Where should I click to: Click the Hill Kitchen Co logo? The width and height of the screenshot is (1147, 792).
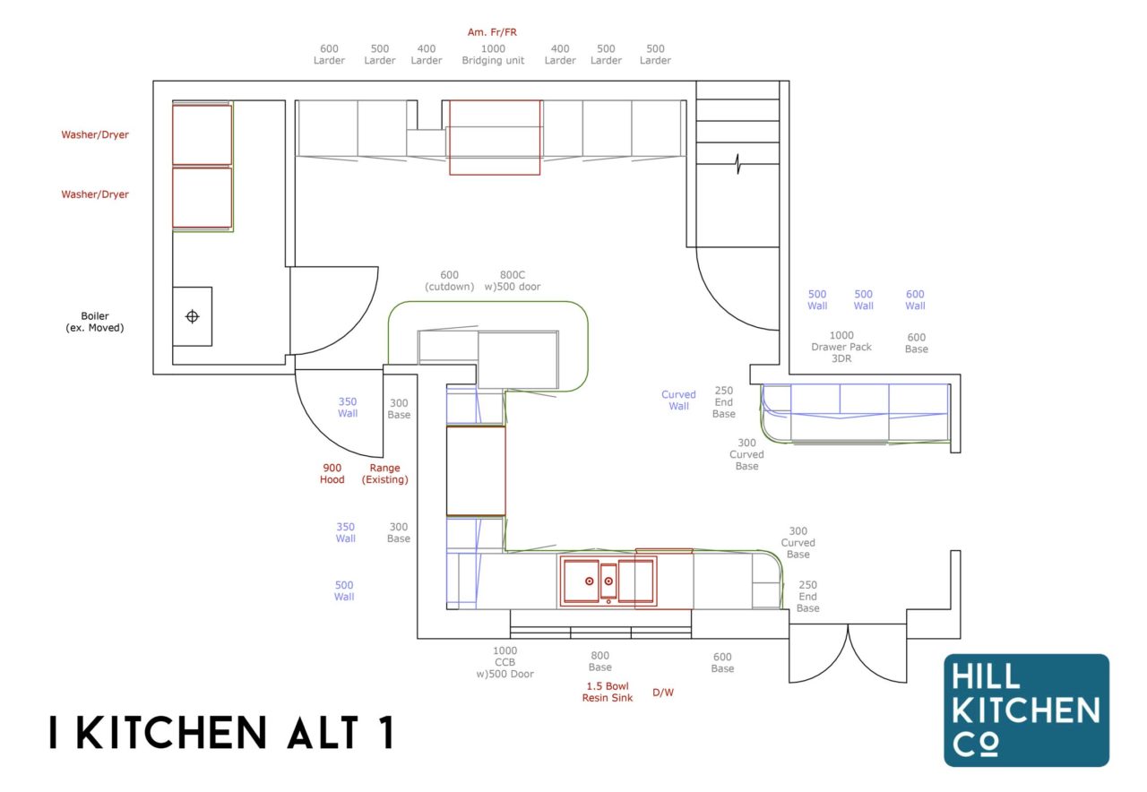tap(1026, 710)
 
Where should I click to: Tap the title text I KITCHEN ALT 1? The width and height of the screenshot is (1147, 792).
tap(221, 733)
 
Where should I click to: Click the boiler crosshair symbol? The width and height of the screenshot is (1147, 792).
tap(192, 316)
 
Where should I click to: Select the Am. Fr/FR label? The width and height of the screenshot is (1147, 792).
tap(492, 32)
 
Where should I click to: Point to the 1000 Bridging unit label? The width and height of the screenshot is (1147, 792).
tap(494, 55)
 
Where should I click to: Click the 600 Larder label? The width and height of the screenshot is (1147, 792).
tap(329, 55)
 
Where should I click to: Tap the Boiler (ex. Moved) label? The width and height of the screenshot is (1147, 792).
tap(95, 322)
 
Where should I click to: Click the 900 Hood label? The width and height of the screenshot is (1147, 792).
tap(332, 474)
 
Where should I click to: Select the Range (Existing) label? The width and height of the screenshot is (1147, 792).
tap(385, 474)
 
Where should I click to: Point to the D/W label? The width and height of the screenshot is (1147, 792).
tap(663, 692)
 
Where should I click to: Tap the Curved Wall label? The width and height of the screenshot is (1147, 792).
tap(678, 400)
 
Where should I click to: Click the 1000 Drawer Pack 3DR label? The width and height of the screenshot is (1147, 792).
tap(841, 347)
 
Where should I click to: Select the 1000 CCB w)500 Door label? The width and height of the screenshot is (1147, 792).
tap(505, 662)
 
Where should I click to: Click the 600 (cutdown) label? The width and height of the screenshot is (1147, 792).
tap(449, 281)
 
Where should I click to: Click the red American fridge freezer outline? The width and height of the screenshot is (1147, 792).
tap(495, 137)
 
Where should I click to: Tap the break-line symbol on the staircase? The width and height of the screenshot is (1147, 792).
tap(737, 164)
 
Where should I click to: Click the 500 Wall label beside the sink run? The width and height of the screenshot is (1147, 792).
tap(344, 590)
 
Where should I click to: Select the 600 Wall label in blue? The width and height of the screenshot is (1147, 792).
tap(915, 300)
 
